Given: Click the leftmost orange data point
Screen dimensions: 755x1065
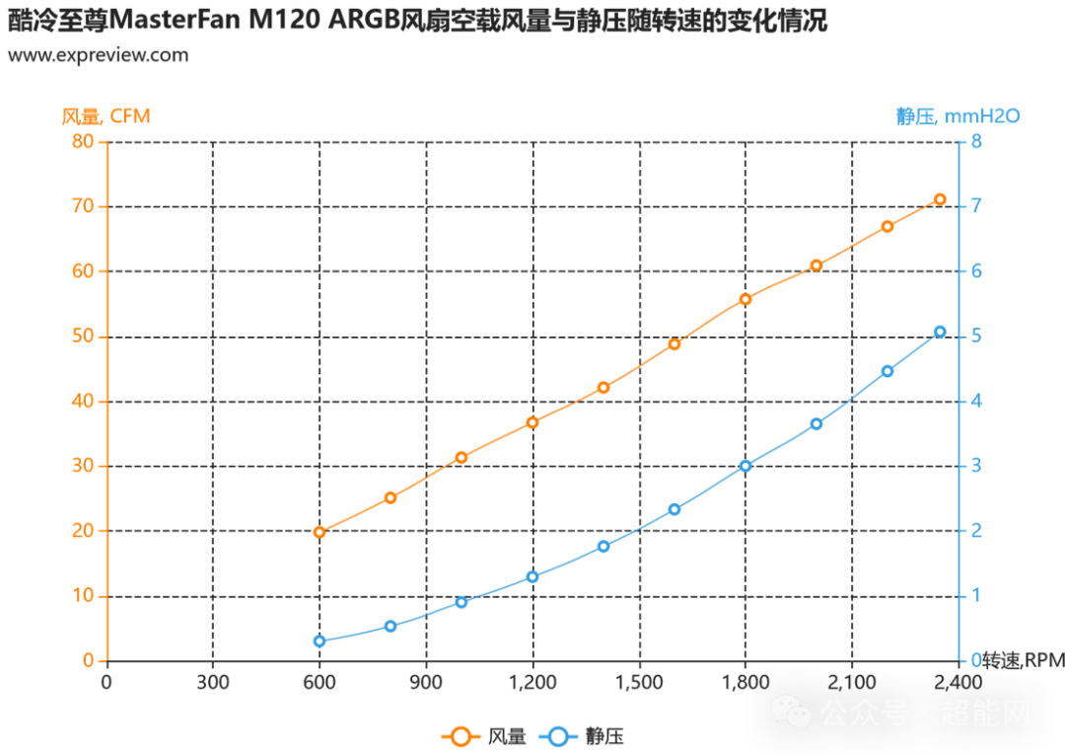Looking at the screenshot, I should tap(319, 533).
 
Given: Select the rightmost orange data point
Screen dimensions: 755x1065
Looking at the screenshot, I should tap(940, 199).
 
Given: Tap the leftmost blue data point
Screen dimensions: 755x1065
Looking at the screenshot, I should tap(319, 641).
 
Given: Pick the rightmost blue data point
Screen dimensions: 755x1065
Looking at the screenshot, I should tap(940, 332).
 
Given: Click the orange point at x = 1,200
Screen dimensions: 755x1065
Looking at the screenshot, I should tap(532, 422).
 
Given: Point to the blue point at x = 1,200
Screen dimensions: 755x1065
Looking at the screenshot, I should tap(532, 576).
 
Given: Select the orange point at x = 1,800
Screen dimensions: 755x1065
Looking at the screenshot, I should tap(745, 298).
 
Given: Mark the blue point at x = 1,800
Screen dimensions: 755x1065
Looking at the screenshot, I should tap(745, 465).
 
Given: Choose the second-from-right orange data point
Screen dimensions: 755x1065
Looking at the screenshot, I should tap(887, 226).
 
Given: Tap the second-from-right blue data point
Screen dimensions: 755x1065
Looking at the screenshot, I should tap(887, 370).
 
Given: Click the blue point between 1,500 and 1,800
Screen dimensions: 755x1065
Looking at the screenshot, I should tap(674, 509).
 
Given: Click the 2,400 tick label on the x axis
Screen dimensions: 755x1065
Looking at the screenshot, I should tap(957, 682).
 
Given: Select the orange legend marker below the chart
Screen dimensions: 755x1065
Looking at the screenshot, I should tap(461, 735).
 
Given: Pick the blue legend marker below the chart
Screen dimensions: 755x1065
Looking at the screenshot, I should tap(558, 735).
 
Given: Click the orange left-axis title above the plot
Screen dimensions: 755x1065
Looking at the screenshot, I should tap(106, 115).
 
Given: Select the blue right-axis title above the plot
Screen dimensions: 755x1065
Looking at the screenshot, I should tap(957, 115).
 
